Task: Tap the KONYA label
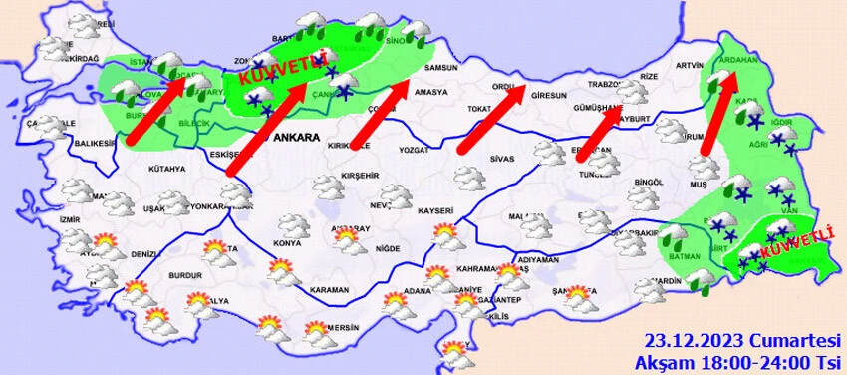click(x=287, y=242)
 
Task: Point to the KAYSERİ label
click(x=435, y=211)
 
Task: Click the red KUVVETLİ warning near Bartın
click(x=281, y=70)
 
